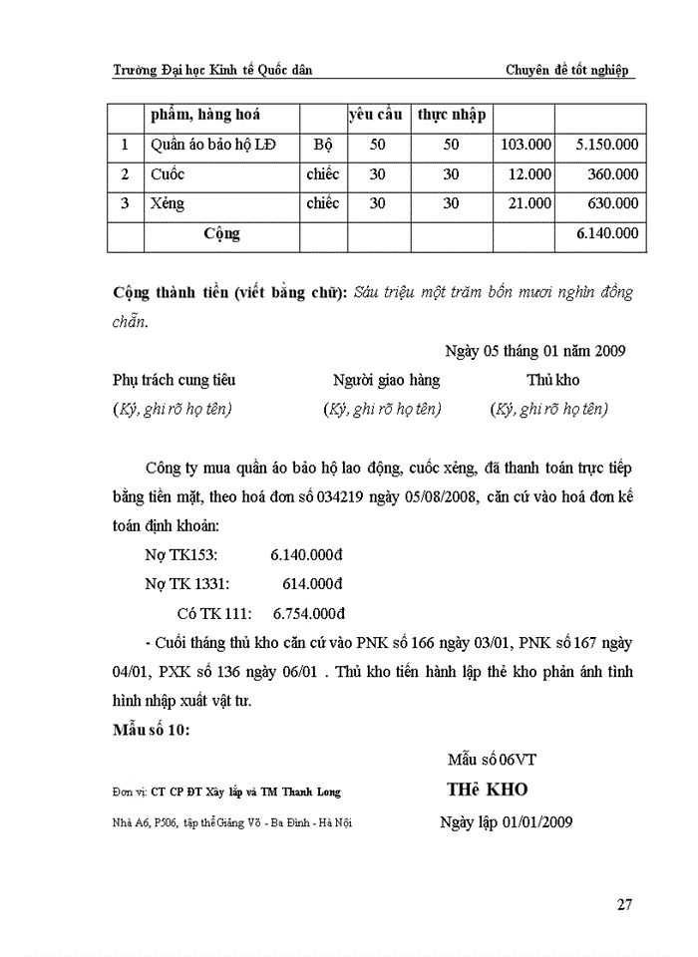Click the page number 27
click(625, 904)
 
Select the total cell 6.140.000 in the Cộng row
click(607, 234)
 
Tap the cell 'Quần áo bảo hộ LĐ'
click(213, 145)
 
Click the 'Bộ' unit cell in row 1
click(323, 145)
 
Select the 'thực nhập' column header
click(452, 115)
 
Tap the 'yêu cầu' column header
click(376, 115)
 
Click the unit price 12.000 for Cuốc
click(529, 174)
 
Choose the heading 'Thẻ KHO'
click(487, 790)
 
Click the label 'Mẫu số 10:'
click(151, 730)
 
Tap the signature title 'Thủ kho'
click(553, 380)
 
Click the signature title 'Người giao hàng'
click(386, 380)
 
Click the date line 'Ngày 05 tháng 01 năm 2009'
click(535, 351)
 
